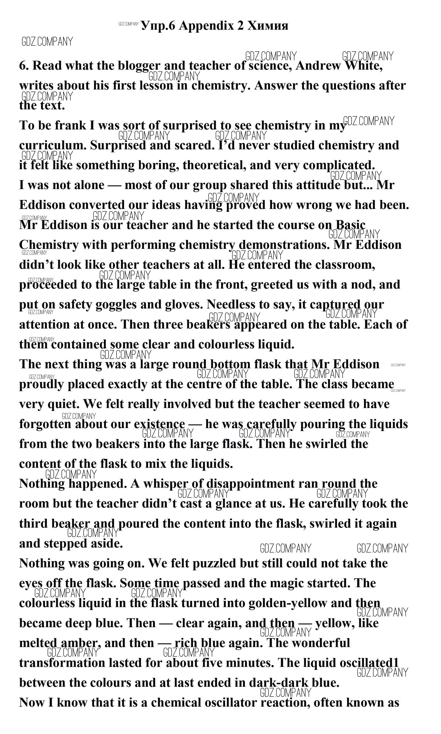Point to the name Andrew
[318, 66]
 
